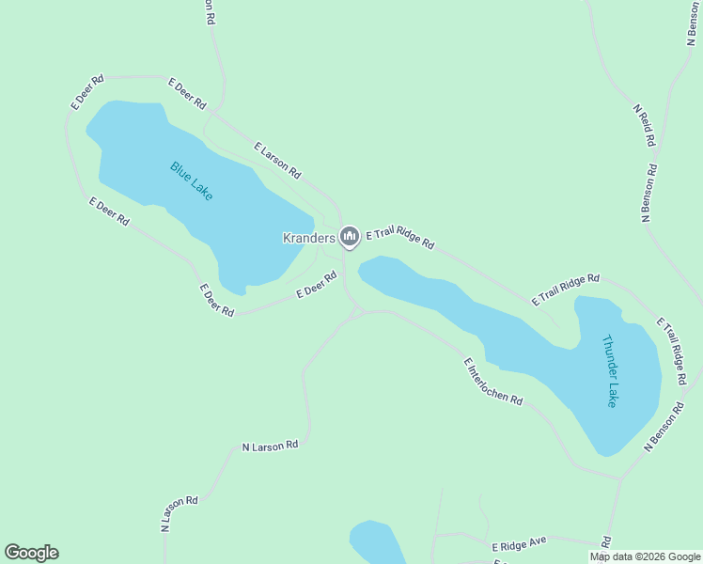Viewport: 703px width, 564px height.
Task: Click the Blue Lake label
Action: (192, 180)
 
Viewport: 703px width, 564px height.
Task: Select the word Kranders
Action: (309, 238)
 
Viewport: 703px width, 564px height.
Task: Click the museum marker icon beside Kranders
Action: (350, 236)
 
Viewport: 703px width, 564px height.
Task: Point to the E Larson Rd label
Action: (277, 160)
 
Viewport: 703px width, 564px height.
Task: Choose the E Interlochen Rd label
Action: (492, 381)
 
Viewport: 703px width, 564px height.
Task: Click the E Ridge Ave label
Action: (519, 545)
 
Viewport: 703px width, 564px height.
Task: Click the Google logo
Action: (31, 553)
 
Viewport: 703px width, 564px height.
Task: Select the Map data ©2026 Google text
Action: (645, 556)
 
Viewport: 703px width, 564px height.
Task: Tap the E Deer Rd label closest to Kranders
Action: (317, 285)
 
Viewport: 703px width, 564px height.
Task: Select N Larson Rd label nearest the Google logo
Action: (180, 514)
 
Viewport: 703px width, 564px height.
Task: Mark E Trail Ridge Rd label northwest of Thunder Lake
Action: (565, 290)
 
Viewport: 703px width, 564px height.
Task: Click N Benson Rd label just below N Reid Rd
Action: (649, 193)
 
